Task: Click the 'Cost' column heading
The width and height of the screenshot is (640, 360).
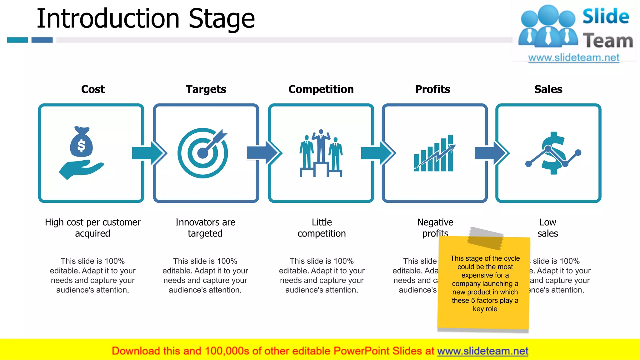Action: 93,89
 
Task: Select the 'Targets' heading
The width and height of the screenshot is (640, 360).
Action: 206,89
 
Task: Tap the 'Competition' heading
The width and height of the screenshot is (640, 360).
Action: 321,89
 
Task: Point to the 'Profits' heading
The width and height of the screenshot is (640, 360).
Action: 432,89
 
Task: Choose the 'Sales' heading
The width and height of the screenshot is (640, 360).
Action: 548,89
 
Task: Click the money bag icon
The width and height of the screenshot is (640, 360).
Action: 81,142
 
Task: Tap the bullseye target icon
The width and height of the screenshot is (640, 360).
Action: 203,153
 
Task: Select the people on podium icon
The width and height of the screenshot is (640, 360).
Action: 321,153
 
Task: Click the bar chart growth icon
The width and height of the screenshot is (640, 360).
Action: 434,153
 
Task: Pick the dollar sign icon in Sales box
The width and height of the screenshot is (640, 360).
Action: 553,153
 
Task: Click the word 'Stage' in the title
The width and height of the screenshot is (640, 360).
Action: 222,19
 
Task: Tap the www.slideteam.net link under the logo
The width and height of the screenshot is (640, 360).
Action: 573,58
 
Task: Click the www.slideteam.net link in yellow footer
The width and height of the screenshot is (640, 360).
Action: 482,351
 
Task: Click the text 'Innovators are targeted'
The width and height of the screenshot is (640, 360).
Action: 205,228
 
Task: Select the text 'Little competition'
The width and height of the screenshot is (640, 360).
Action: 322,228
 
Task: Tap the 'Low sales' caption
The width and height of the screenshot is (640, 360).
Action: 547,228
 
